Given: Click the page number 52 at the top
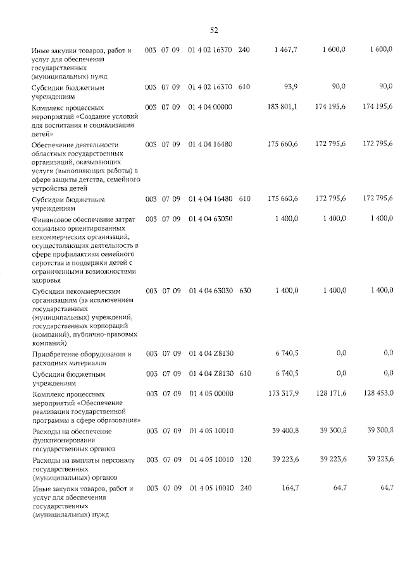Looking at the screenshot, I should click(x=214, y=30).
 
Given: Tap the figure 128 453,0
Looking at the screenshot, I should click(x=378, y=393).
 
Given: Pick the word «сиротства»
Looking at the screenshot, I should click(x=48, y=262).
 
